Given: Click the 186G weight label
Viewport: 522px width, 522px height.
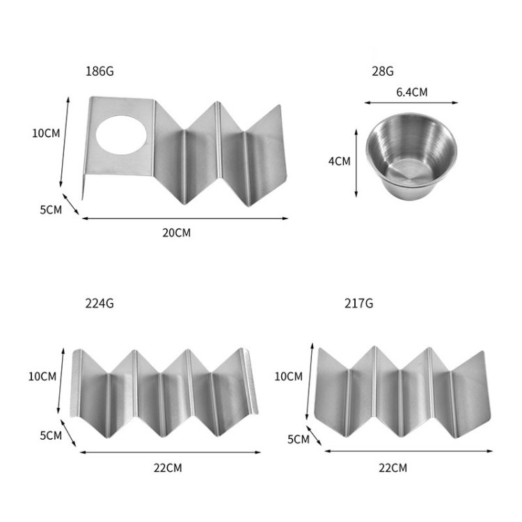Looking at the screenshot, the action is [x=100, y=71].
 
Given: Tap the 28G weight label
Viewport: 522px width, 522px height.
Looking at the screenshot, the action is [x=383, y=71].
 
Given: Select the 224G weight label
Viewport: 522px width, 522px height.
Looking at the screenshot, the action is [x=100, y=303].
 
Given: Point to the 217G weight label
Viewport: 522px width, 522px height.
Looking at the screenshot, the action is [x=358, y=303].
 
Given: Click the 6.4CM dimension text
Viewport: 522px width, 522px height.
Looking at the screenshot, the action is [x=412, y=92].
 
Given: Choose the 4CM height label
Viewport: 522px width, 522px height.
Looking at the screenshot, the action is [x=339, y=161].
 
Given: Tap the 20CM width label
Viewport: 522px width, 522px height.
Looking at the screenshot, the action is [x=177, y=232].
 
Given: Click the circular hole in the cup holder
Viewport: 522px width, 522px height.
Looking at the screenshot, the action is [x=122, y=135].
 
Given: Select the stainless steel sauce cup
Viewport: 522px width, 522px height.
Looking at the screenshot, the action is [x=411, y=156].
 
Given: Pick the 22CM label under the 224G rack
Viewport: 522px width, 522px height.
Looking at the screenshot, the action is [x=168, y=468].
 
